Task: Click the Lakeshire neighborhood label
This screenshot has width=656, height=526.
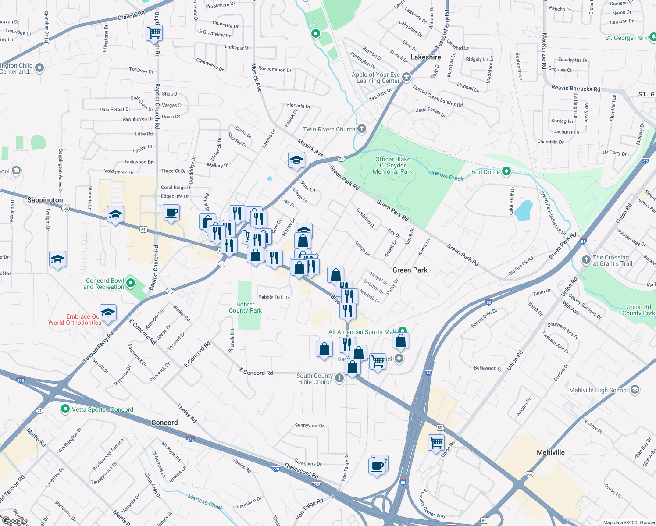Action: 425,57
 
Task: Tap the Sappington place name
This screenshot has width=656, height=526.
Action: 45,200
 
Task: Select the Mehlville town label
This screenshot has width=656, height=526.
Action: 551,452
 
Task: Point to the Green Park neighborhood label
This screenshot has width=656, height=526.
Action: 410,270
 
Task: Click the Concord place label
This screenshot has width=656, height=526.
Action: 164,423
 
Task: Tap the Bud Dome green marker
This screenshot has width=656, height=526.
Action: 506,171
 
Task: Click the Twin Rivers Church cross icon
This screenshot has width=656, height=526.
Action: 362,129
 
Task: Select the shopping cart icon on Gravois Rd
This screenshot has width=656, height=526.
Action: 154,32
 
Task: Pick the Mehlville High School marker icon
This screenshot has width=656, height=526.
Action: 635,390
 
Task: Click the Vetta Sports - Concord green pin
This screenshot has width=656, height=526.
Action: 65,409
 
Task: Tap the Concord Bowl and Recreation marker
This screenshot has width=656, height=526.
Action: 131,284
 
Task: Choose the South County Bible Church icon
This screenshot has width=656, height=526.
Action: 339,378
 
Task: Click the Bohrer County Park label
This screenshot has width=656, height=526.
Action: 245,307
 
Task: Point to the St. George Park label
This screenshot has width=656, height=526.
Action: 626,38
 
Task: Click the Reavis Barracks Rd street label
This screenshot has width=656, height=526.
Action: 575,89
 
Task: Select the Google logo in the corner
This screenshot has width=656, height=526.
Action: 14,521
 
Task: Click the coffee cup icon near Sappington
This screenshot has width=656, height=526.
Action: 171,213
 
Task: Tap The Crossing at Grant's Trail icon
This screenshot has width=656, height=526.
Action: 586,259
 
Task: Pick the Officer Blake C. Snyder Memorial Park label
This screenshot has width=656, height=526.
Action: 392,165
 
